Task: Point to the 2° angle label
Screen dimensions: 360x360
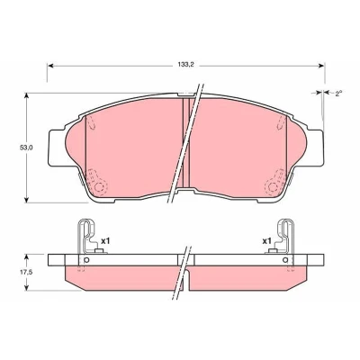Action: coord(338,94)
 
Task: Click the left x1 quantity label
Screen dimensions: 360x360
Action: coord(105,240)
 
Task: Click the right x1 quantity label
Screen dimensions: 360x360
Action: coord(266,241)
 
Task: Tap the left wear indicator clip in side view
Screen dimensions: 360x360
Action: coord(88,237)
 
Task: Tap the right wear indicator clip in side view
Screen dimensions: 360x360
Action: coord(283,237)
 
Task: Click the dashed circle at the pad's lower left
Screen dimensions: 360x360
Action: coord(100,187)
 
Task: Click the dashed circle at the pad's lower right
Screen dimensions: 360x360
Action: coord(273,187)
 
